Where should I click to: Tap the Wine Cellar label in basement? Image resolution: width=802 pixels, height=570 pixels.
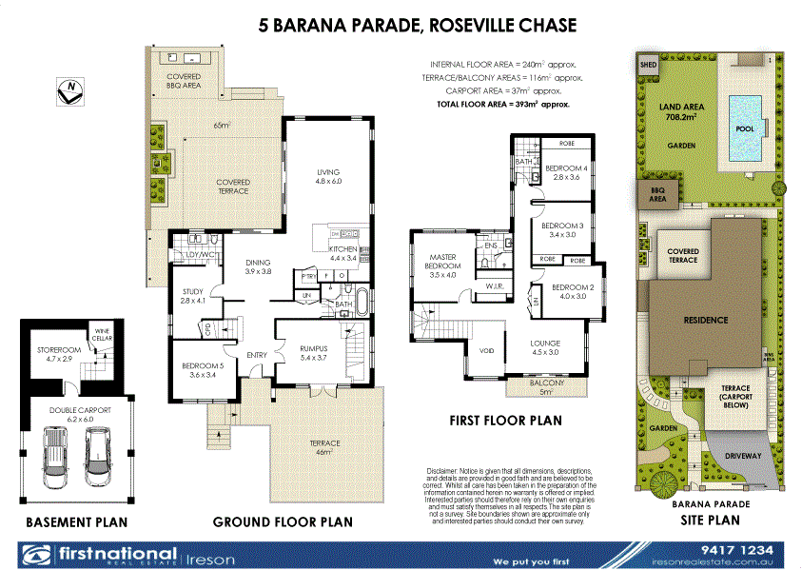coord(100,334)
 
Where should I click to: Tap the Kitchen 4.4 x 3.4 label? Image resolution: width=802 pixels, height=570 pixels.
coord(342,253)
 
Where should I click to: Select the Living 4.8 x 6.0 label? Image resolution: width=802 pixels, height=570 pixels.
coord(327,176)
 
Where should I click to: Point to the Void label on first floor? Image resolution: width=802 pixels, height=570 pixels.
coord(486,350)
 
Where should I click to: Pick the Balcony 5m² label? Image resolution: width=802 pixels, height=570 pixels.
coord(546,386)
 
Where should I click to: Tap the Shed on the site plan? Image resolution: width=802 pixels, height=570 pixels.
coord(649,67)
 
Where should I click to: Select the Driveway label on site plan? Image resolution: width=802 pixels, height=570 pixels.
coord(743,457)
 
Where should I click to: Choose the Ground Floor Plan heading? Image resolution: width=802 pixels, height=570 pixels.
coord(283,521)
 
